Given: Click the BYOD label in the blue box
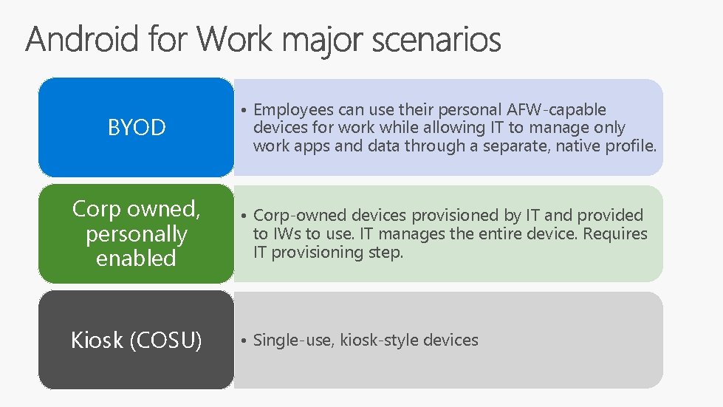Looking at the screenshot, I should click(x=137, y=128).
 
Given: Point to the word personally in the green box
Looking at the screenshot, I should click(x=137, y=234).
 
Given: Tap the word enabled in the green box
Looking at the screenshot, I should click(x=137, y=259).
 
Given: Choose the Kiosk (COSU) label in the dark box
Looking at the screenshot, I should click(x=137, y=341).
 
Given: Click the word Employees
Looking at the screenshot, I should click(x=293, y=110).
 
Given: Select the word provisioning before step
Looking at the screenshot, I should click(x=323, y=253).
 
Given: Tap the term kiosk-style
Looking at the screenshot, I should click(x=374, y=341).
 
